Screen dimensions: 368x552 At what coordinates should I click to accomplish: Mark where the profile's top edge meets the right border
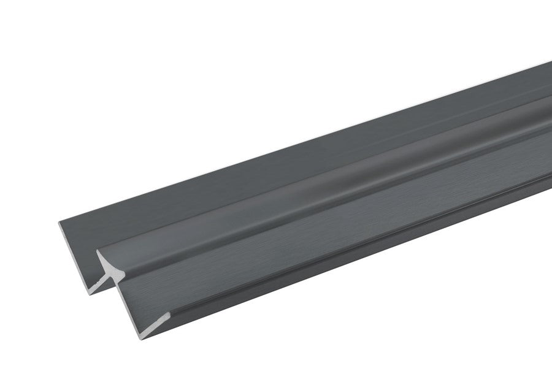click(x=550, y=62)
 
